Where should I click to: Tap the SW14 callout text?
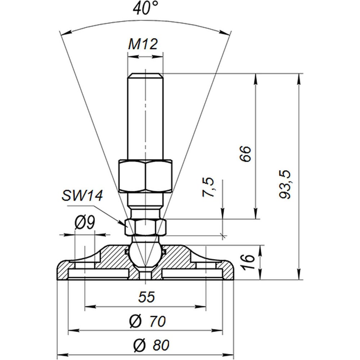pyautogui.click(x=82, y=196)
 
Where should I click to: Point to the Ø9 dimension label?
pyautogui.click(x=85, y=223)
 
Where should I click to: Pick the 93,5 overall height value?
pyautogui.click(x=285, y=184)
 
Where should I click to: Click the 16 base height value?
pyautogui.click(x=248, y=261)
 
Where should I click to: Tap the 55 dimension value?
pyautogui.click(x=147, y=297)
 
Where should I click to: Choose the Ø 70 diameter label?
pyautogui.click(x=147, y=321)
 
